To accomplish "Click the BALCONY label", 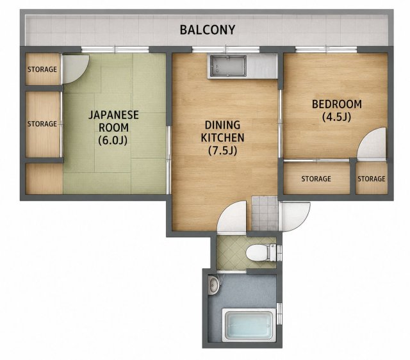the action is click(x=208, y=30).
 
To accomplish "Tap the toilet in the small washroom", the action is click(x=261, y=252).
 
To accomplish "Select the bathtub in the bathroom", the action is click(x=249, y=325).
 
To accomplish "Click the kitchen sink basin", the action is click(x=227, y=67).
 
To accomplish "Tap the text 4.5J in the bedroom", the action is click(x=336, y=117).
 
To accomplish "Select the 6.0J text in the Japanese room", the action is click(x=113, y=141).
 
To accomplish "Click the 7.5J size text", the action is click(x=222, y=151).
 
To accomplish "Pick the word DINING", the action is click(x=222, y=125).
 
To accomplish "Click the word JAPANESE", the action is click(x=113, y=115).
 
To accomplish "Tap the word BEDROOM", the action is click(x=337, y=104).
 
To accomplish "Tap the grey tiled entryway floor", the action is click(x=265, y=213).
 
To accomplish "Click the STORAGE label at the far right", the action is click(x=372, y=179).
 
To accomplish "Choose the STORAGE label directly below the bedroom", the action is click(x=316, y=179).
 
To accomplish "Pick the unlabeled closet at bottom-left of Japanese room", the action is click(x=44, y=179).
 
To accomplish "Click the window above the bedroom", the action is click(x=326, y=50).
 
